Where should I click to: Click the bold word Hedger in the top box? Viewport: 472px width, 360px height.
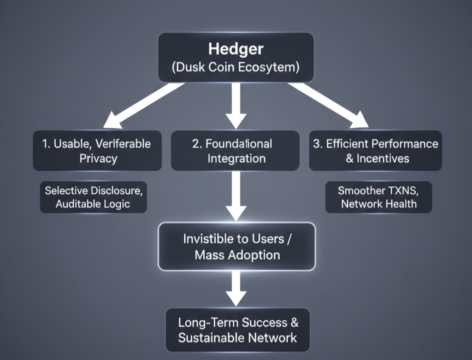[x=236, y=48]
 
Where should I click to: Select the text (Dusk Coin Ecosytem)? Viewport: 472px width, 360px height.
[x=236, y=67]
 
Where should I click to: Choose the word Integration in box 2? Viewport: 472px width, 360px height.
[x=236, y=159]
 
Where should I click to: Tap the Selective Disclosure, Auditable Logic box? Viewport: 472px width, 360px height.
[x=93, y=197]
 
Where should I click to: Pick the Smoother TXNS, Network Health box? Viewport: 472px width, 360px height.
[x=378, y=197]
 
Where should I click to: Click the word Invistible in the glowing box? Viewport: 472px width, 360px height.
[x=206, y=239]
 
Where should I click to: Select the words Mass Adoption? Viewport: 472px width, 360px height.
[x=237, y=254]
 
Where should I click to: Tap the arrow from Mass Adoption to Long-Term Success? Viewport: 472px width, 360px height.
[x=236, y=288]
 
